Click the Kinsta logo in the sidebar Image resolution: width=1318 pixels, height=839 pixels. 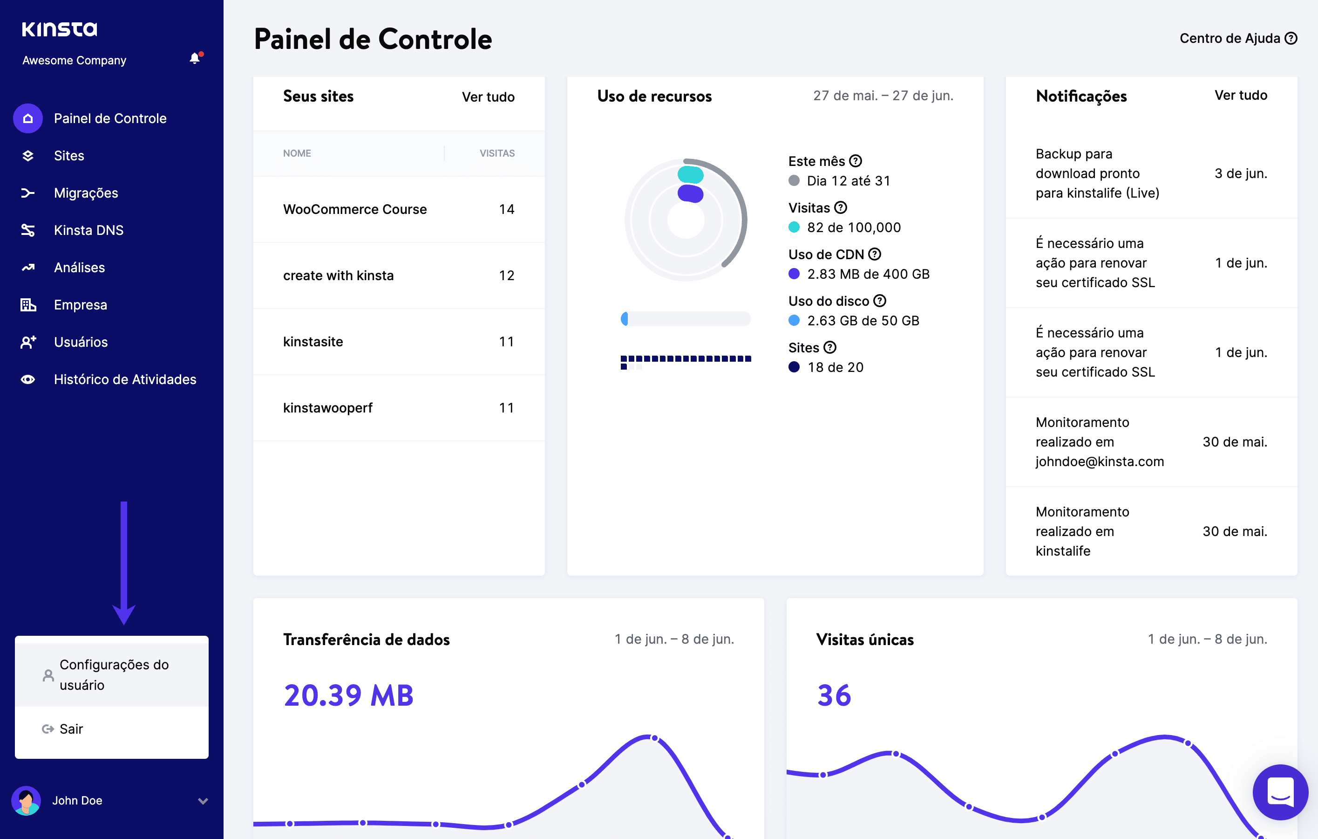(59, 29)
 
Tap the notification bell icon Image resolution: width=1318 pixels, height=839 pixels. (194, 59)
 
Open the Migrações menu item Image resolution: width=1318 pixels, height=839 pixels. (86, 193)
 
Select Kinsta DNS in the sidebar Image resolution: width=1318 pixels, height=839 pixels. (88, 230)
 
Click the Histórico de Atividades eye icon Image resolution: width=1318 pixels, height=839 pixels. (28, 379)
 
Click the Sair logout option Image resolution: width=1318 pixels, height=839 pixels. (71, 729)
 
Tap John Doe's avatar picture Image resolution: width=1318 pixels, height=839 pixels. (26, 801)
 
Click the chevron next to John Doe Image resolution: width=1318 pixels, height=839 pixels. (203, 801)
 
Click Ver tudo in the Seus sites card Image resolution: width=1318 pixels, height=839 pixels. (488, 97)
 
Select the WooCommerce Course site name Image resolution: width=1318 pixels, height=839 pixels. (355, 209)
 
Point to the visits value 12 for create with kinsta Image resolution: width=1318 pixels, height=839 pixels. (506, 275)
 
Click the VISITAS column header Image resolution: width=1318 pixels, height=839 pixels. (497, 153)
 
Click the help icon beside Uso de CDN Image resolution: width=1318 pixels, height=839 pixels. (875, 254)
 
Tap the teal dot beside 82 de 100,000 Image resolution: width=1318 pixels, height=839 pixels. (794, 227)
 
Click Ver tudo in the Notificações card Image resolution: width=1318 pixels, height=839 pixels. (1240, 95)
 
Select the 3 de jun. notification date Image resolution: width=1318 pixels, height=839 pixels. (1240, 173)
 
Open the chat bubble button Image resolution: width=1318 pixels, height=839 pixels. (1280, 792)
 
